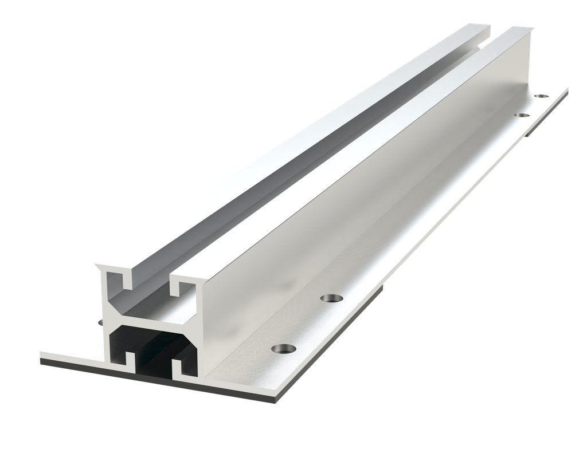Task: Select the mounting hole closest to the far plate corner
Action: pyautogui.click(x=541, y=96)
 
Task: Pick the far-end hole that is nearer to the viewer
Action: pyautogui.click(x=522, y=116)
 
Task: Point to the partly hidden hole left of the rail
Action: pyautogui.click(x=101, y=322)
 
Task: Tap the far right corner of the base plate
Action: pyautogui.click(x=567, y=88)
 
